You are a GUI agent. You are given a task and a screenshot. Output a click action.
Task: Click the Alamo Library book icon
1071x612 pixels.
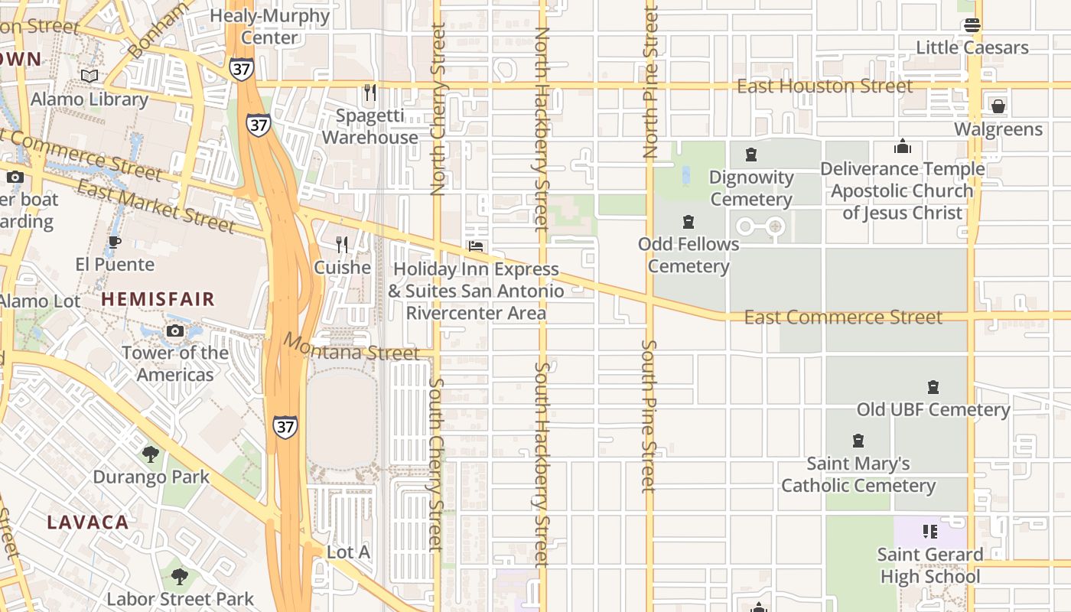[x=90, y=76]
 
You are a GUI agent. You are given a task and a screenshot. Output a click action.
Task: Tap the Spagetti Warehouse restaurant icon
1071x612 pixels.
[x=370, y=93]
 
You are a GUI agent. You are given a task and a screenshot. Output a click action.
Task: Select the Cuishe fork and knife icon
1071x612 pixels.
[x=342, y=245]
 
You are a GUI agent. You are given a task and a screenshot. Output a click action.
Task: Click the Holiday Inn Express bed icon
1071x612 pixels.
[x=476, y=246]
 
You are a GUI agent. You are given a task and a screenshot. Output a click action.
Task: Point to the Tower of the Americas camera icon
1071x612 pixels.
[x=175, y=330]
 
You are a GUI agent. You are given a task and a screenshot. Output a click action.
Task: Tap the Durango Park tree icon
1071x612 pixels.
[x=151, y=454]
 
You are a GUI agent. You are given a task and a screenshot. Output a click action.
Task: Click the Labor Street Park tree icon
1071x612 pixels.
[x=180, y=576]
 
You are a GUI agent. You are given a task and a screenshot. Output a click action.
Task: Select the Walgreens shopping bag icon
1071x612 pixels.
[x=998, y=106]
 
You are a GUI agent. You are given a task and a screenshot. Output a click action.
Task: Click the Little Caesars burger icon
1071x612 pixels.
[x=972, y=24]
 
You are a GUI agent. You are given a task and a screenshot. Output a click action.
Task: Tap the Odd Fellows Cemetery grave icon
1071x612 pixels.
[x=688, y=222]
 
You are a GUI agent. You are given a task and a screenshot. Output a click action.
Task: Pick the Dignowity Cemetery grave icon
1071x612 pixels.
[x=751, y=155]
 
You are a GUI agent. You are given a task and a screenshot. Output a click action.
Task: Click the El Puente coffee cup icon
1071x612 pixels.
[x=114, y=243]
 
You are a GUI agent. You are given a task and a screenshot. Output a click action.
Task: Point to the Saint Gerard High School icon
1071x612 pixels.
[x=930, y=531]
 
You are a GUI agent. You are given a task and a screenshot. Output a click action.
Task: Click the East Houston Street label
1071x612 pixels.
[x=825, y=86]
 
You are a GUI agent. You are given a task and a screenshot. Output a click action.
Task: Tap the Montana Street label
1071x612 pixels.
[x=351, y=347]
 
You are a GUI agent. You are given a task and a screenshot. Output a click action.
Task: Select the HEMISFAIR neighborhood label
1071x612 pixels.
[x=158, y=299]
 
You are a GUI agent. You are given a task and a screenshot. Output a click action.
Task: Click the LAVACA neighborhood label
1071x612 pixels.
[x=88, y=522]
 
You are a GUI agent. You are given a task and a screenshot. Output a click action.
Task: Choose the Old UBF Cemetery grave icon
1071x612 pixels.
[x=933, y=387]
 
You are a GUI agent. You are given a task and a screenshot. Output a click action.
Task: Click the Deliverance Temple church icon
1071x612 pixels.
[x=903, y=146]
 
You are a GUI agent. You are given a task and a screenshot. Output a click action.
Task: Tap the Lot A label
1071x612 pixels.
[x=348, y=552]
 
